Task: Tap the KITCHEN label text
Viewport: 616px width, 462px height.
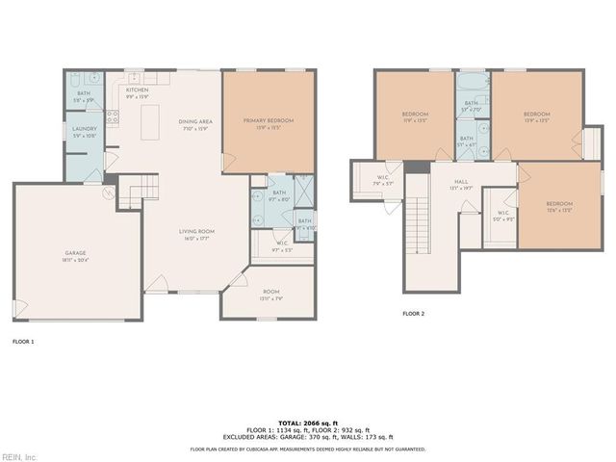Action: point(138,91)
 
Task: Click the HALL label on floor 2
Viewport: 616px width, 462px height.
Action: point(461,182)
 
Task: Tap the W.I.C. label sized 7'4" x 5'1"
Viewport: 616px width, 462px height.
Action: point(382,178)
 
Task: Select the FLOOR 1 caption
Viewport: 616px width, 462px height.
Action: point(22,341)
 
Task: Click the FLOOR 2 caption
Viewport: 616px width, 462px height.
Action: point(413,314)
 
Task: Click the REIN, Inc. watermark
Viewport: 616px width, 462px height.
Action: point(19,456)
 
